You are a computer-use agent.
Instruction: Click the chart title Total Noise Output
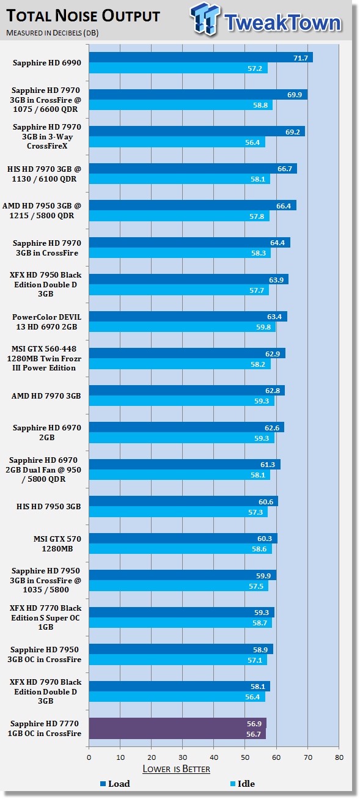(83, 16)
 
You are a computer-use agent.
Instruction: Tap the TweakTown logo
(266, 20)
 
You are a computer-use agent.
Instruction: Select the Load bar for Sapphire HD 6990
(201, 57)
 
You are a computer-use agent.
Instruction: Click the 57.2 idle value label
(255, 68)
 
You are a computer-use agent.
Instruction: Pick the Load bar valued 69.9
(199, 95)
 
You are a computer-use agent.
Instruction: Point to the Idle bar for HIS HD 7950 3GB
(178, 512)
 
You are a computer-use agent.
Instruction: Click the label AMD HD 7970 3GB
(46, 396)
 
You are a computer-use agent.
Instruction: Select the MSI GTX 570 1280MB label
(57, 543)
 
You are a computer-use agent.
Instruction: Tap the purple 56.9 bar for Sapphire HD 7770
(178, 724)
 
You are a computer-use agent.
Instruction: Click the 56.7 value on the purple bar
(253, 734)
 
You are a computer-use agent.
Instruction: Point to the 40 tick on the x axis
(214, 757)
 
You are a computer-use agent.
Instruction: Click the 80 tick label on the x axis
(339, 757)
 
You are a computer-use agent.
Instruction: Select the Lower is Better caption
(176, 769)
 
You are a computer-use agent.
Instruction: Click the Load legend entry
(116, 784)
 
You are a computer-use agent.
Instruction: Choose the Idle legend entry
(243, 784)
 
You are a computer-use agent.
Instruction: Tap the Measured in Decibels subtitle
(53, 33)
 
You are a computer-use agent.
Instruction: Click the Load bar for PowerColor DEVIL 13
(188, 317)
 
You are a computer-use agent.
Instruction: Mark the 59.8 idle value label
(263, 327)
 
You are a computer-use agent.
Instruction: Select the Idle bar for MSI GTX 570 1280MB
(180, 548)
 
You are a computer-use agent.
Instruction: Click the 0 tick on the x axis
(89, 757)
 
